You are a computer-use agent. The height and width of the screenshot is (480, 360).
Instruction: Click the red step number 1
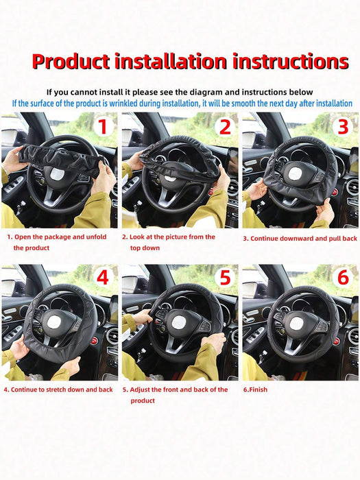pos(101,127)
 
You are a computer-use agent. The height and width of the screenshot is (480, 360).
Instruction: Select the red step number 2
pos(224,127)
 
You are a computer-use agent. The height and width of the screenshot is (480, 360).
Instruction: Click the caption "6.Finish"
pos(255,389)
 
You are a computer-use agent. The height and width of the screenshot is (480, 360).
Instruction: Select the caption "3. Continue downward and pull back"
pos(300,238)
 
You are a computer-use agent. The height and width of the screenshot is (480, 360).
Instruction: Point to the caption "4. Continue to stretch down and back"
pos(58,389)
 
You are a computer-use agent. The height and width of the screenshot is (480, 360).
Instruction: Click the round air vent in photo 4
pos(111,336)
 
